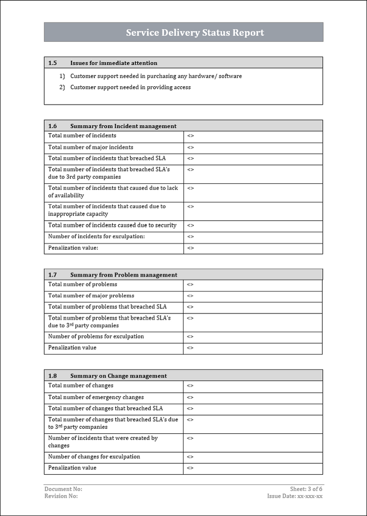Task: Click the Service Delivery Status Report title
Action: [x=195, y=33]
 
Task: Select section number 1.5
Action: [x=53, y=63]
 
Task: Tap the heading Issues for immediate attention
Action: [x=114, y=63]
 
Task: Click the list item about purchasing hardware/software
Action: [x=156, y=77]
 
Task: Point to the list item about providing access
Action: [x=130, y=87]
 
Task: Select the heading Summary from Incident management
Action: [x=123, y=126]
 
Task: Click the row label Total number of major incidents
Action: [x=91, y=148]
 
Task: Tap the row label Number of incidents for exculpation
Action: [x=96, y=237]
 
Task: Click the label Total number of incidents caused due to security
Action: [x=112, y=226]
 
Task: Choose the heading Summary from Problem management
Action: [x=124, y=275]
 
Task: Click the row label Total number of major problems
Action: [x=91, y=296]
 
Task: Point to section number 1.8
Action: [x=53, y=376]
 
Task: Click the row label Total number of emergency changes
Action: [x=96, y=398]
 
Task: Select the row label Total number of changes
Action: [x=81, y=386]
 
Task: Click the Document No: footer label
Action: [x=63, y=489]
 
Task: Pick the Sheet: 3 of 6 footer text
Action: [x=306, y=489]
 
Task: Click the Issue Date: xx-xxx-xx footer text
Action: [x=295, y=496]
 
